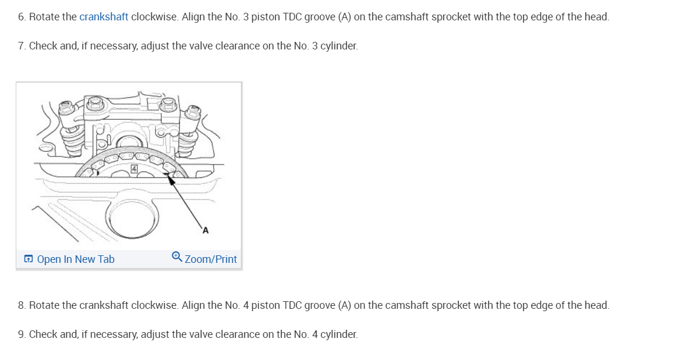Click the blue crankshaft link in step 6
click(x=104, y=17)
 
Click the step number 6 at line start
click(x=22, y=17)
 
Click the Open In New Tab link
click(x=76, y=259)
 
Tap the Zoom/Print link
click(x=211, y=259)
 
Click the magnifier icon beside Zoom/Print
click(x=177, y=256)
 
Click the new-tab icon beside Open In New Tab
click(x=29, y=259)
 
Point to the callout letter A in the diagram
click(x=205, y=230)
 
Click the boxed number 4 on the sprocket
click(x=134, y=169)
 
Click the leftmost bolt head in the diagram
click(x=66, y=108)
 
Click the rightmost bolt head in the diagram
click(x=194, y=111)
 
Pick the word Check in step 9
click(x=42, y=334)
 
